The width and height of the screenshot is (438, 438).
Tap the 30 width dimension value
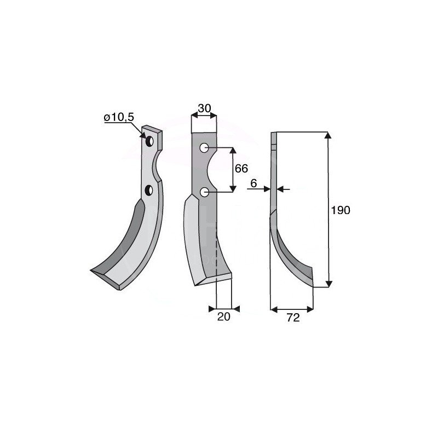click(x=204, y=108)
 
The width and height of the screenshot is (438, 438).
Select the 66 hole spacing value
click(x=241, y=169)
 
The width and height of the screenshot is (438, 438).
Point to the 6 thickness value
click(x=253, y=185)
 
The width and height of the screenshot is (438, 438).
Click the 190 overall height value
click(x=341, y=210)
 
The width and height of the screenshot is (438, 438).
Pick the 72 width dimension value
click(x=293, y=318)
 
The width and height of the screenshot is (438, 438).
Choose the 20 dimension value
click(x=223, y=316)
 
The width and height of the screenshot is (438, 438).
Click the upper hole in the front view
click(x=204, y=148)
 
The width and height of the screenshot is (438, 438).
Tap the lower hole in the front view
click(x=204, y=192)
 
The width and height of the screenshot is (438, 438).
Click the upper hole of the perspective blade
click(x=148, y=141)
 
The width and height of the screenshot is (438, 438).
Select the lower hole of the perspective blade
click(x=148, y=190)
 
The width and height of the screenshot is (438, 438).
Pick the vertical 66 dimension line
click(x=234, y=170)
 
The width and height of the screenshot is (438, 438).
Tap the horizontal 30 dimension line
click(x=204, y=116)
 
